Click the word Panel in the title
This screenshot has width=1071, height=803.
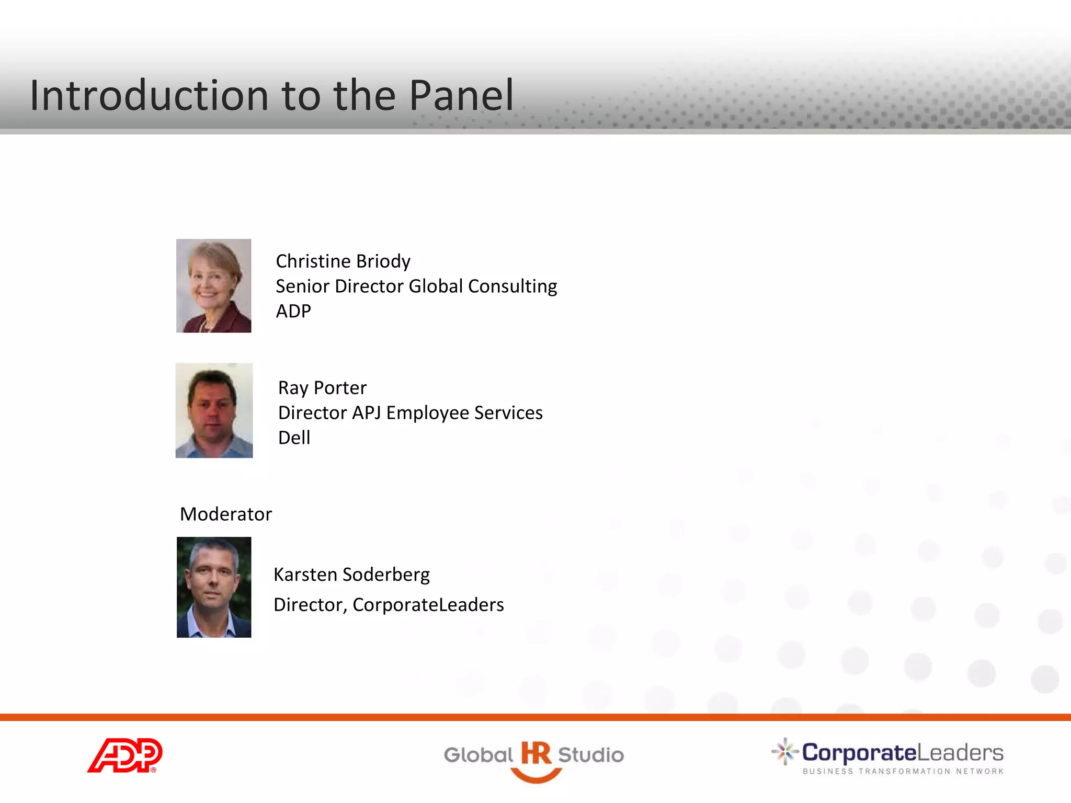461,96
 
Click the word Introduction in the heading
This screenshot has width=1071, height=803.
150,96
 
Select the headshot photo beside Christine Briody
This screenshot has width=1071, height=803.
213,285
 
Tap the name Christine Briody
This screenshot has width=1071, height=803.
343,261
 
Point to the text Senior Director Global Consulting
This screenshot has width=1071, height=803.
416,286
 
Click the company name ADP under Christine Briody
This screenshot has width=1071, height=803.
293,311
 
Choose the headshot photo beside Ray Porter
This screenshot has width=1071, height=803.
214,411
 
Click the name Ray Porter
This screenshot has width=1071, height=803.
322,388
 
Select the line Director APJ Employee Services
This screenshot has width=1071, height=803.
410,413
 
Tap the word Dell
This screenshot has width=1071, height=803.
294,438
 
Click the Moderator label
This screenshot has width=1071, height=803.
226,514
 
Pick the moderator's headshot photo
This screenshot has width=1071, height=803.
214,587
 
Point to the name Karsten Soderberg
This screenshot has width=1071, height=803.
351,575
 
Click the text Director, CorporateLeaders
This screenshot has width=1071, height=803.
389,605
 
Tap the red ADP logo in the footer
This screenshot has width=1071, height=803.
125,755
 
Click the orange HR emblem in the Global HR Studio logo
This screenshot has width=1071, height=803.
535,758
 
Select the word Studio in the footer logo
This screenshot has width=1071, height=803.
591,755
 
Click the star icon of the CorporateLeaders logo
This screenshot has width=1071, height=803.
784,752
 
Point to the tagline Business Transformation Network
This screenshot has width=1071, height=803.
903,771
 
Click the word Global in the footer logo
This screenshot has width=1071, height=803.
478,755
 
